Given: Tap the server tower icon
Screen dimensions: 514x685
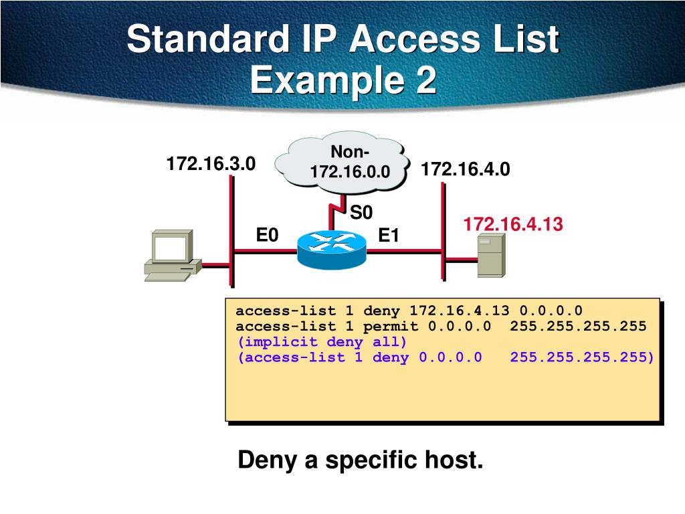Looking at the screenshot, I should (x=490, y=258).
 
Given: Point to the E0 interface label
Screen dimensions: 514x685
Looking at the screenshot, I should (x=267, y=235).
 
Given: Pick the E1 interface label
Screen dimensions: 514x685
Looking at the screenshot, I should (x=389, y=236).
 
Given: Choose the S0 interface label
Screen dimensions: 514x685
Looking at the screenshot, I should (x=361, y=213).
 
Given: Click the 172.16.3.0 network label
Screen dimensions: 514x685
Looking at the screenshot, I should (x=211, y=163).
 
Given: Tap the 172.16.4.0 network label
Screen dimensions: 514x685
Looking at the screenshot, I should (x=466, y=169).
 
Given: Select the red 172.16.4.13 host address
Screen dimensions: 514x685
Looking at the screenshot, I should (x=514, y=224).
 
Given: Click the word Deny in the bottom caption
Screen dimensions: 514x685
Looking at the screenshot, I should (x=267, y=460).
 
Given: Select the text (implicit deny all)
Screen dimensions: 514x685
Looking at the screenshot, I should (x=322, y=341).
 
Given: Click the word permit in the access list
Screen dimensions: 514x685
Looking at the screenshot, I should (x=391, y=326).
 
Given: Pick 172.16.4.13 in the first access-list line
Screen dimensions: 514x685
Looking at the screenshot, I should (x=460, y=311).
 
